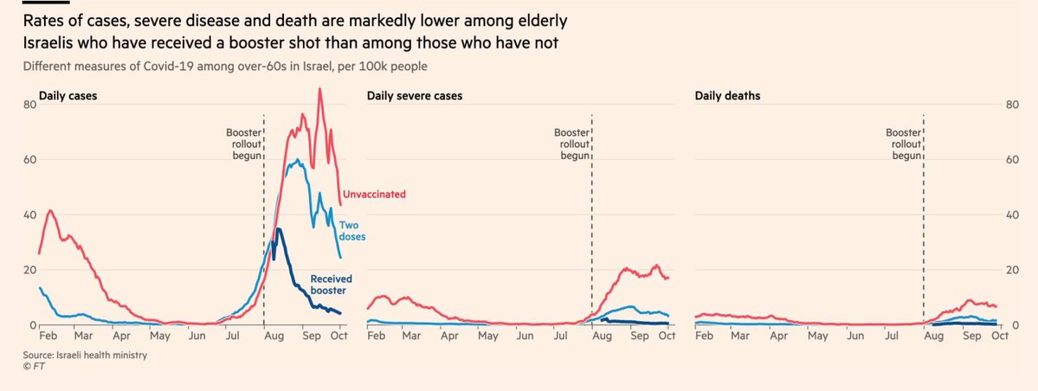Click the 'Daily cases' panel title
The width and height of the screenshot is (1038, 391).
tap(68, 96)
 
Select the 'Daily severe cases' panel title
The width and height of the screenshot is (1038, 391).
tap(414, 96)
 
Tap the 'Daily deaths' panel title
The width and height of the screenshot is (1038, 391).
tap(727, 96)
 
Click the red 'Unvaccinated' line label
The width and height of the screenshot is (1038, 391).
tap(374, 195)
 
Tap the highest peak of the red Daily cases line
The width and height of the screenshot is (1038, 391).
tap(319, 89)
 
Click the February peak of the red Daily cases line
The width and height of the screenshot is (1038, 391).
tap(50, 210)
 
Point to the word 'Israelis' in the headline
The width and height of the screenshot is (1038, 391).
tap(48, 43)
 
